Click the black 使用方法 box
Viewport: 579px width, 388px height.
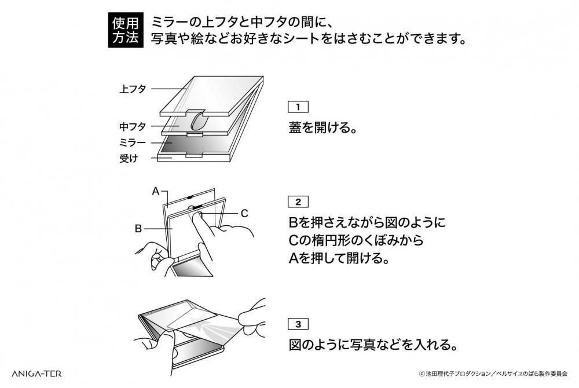coord(125,30)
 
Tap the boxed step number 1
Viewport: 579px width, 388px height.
coord(298,107)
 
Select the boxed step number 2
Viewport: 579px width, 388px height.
coord(298,202)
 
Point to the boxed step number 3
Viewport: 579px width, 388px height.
coord(298,324)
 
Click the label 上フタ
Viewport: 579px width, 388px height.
coord(133,89)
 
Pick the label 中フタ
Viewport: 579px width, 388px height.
coord(133,127)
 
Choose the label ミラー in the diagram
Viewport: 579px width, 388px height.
coord(133,142)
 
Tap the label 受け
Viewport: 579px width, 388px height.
coord(129,158)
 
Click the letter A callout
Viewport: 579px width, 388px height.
coord(155,191)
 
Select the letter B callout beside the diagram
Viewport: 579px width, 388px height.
coord(138,229)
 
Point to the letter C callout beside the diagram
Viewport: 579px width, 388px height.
coord(244,213)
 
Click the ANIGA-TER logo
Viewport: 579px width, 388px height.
coord(36,374)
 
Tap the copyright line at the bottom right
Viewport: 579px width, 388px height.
coord(493,374)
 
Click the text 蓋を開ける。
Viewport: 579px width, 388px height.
coord(323,128)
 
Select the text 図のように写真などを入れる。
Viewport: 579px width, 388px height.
coord(373,345)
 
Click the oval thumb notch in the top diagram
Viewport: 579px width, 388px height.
coord(198,122)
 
